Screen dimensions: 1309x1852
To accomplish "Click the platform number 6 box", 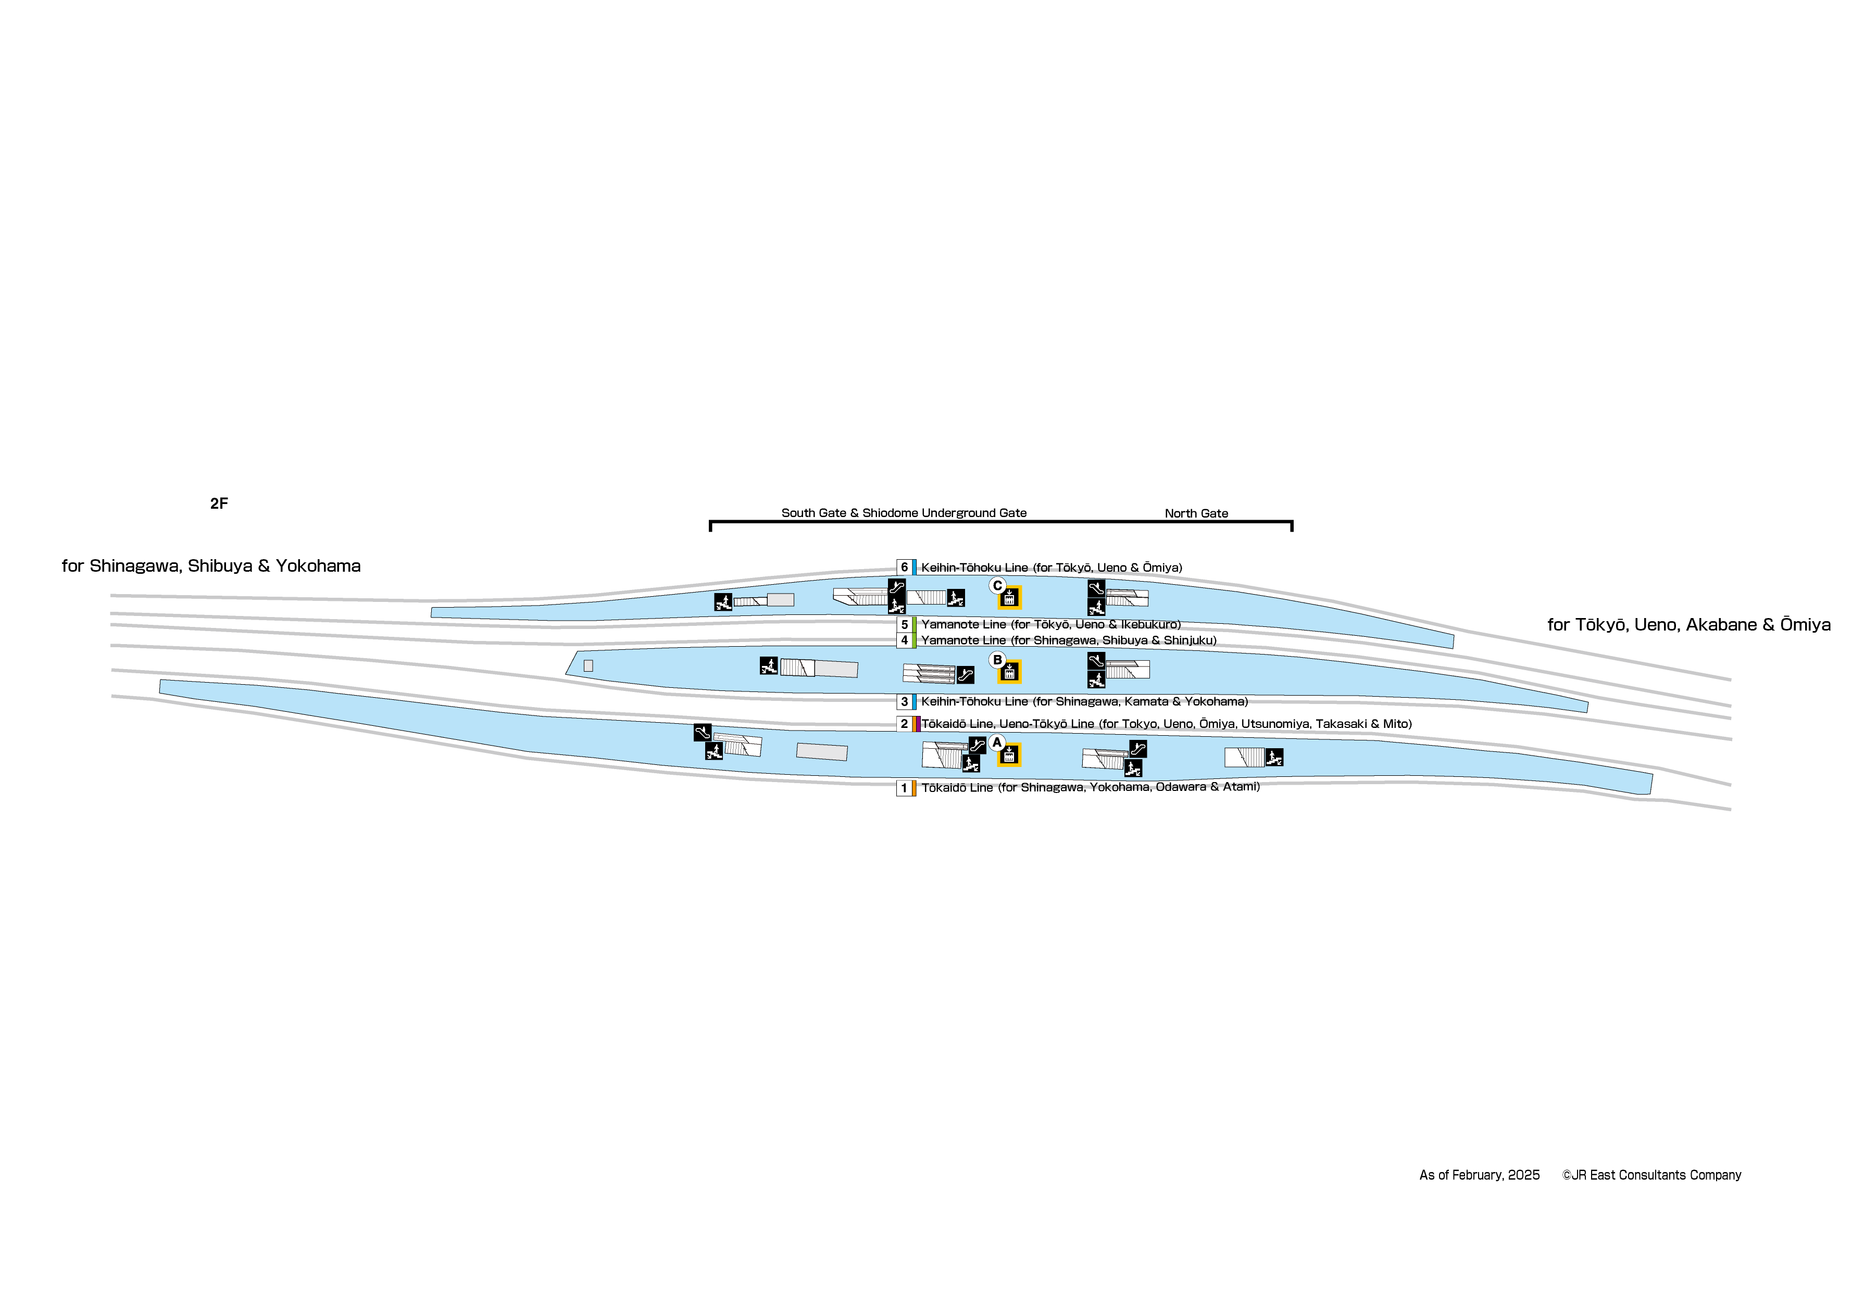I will (904, 567).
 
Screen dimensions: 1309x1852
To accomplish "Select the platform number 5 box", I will (904, 624).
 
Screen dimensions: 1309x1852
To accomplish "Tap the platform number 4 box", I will (904, 640).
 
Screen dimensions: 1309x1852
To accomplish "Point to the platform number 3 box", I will (904, 702).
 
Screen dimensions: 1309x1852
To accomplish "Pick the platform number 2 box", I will (904, 723).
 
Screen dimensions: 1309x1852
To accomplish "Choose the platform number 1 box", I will (904, 788).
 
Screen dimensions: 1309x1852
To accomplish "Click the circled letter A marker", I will (997, 742).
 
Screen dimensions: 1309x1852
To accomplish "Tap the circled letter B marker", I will (997, 660).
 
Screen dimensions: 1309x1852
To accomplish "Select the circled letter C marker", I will (997, 586).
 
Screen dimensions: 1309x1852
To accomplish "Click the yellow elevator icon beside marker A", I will (1009, 755).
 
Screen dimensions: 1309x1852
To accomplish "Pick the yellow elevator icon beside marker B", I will (1009, 671).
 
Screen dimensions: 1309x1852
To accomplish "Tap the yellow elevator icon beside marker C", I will (1009, 598).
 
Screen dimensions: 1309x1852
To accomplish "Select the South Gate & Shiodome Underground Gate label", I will (904, 513).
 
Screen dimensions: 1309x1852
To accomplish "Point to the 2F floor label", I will (219, 504).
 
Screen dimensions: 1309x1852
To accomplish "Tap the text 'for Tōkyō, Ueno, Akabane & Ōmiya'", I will (1688, 625).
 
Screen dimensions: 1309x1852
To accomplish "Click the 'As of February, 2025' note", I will (1479, 1175).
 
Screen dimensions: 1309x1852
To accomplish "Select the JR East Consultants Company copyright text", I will (1651, 1175).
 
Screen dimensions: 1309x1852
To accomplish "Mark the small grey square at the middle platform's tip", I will (588, 665).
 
